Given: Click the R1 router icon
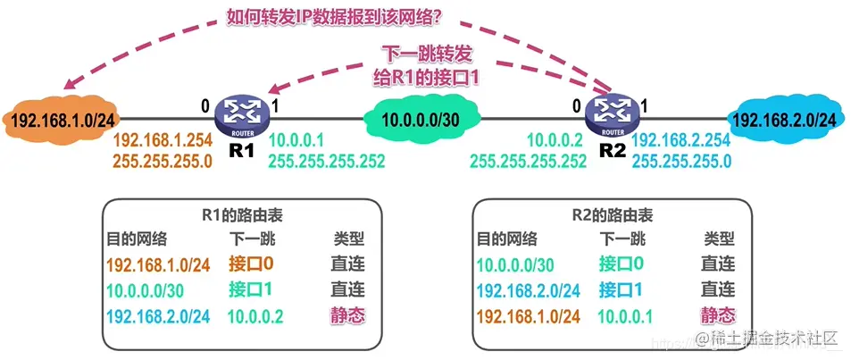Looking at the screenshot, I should pyautogui.click(x=241, y=114).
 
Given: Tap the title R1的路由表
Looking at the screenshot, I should pyautogui.click(x=242, y=215).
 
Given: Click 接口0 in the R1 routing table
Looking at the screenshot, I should pyautogui.click(x=251, y=264).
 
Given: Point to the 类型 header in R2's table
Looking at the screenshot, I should pyautogui.click(x=719, y=239).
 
